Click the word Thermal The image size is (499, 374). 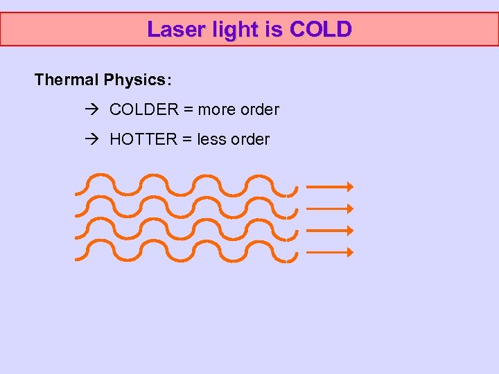tap(67, 80)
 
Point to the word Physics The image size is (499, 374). tap(137, 80)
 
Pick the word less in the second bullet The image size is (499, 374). tap(212, 139)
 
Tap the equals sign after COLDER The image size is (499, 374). tap(187, 109)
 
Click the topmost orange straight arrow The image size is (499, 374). tap(330, 186)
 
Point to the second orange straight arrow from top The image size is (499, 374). tap(330, 208)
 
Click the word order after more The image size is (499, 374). tap(259, 109)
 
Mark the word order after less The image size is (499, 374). tap(249, 139)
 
